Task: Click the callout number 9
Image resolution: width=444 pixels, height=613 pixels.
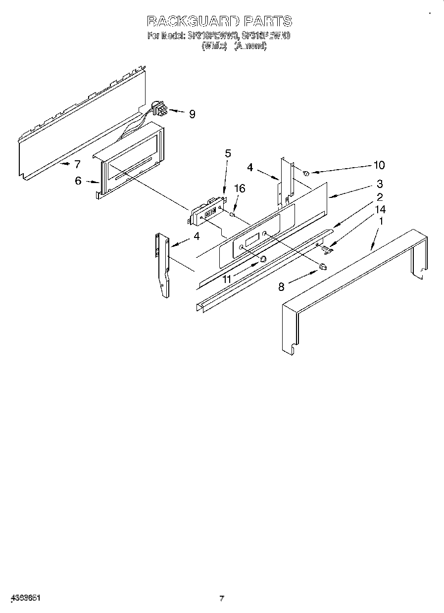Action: tap(192, 114)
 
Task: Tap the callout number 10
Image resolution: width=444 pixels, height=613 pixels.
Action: tap(379, 165)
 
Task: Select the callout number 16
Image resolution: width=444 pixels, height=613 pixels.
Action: tap(240, 189)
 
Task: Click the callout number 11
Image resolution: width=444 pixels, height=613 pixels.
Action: tap(227, 279)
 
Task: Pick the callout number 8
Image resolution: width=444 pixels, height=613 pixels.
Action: tap(281, 286)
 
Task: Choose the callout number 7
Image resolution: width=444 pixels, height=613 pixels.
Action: tap(77, 164)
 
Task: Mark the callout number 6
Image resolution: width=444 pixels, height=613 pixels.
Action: tap(78, 181)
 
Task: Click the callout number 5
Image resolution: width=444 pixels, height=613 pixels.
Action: tap(228, 153)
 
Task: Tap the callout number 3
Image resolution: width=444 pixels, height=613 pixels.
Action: tap(380, 184)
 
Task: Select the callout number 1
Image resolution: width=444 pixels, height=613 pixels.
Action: tap(380, 222)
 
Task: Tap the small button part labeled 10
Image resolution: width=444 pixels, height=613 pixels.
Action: tap(306, 173)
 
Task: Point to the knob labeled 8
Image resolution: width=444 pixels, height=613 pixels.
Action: tap(323, 267)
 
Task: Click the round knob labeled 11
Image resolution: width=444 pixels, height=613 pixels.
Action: tap(263, 259)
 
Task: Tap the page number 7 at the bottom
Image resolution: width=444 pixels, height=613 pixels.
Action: tap(222, 598)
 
